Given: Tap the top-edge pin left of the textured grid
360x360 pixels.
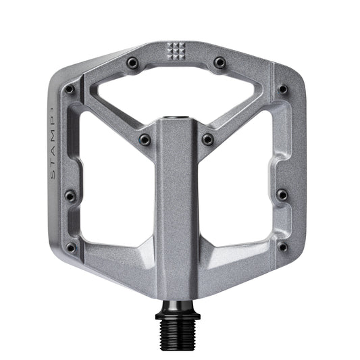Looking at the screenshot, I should pyautogui.click(x=132, y=62).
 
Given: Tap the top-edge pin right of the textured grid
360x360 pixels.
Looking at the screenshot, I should pyautogui.click(x=220, y=62).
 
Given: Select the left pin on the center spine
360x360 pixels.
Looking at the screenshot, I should pyautogui.click(x=145, y=140).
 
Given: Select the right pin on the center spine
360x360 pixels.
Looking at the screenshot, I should pyautogui.click(x=208, y=140).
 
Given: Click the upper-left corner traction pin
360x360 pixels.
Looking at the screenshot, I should pyautogui.click(x=70, y=89).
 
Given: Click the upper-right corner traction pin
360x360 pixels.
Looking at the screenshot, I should pyautogui.click(x=283, y=89).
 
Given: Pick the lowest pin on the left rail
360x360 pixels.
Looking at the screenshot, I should pyautogui.click(x=71, y=247).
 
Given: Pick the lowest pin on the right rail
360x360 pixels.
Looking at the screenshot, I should pyautogui.click(x=282, y=247).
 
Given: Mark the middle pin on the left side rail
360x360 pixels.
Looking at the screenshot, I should pyautogui.click(x=70, y=197).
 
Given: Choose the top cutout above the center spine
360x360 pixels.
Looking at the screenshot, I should pyautogui.click(x=176, y=95).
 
